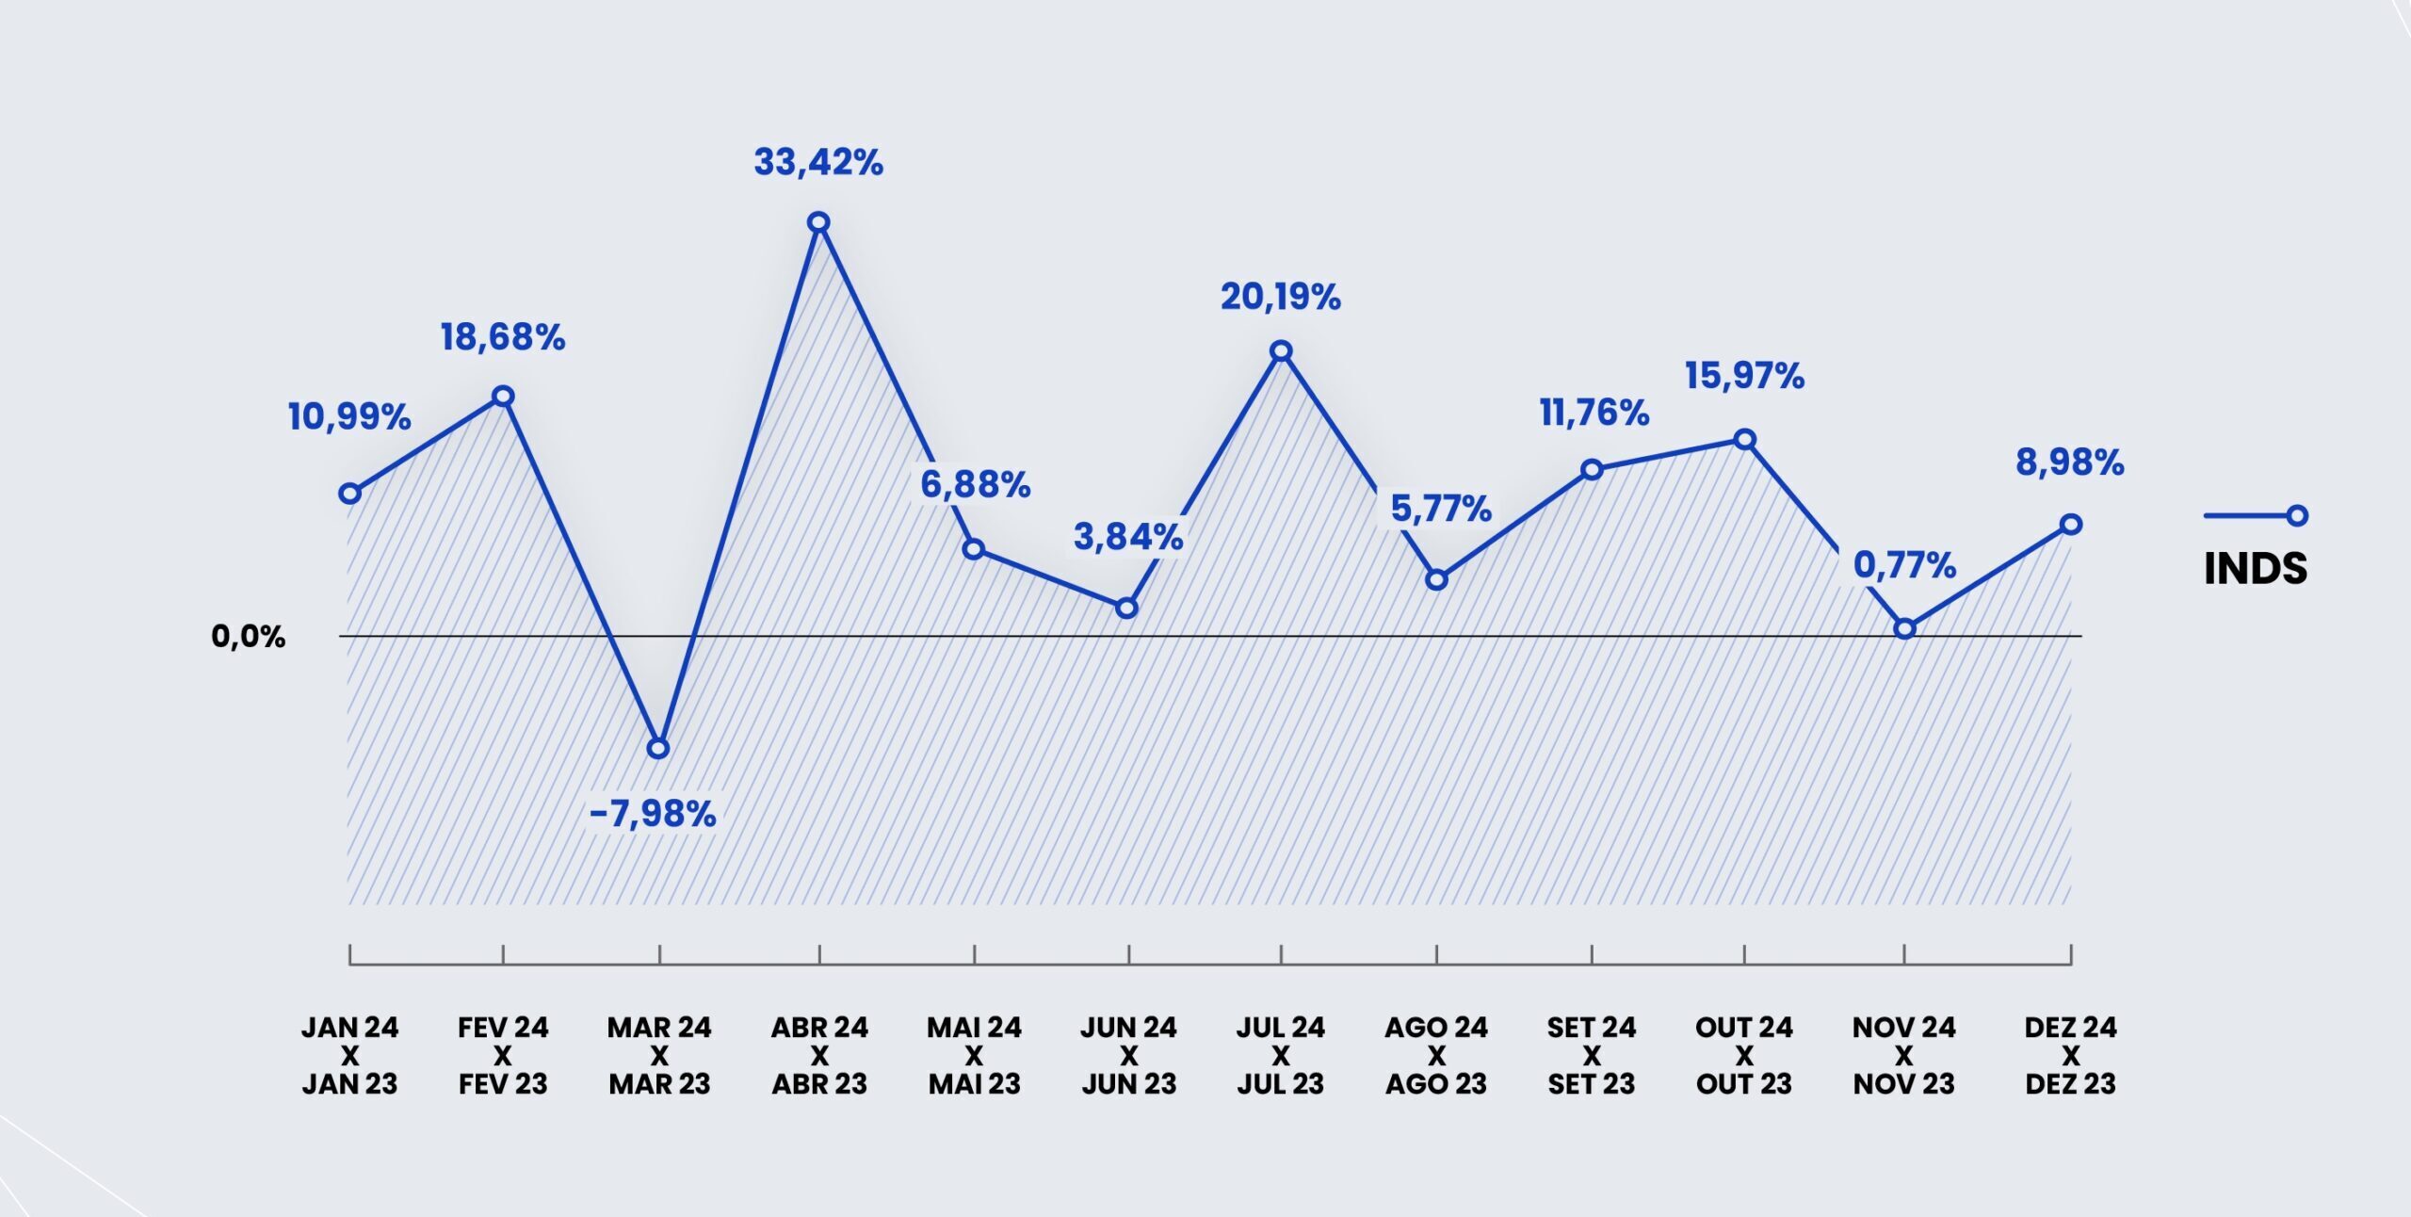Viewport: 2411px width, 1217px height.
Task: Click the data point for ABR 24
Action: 818,222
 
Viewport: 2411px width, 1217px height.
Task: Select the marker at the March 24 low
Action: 659,749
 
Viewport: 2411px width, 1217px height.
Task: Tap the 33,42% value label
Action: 818,163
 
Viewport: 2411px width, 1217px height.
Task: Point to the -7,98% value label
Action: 653,814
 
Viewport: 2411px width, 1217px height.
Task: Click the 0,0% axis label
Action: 248,637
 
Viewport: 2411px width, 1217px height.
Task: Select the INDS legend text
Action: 2256,569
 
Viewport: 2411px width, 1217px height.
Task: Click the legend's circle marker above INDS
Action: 2297,515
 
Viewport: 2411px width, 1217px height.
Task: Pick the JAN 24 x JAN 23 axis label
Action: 349,1055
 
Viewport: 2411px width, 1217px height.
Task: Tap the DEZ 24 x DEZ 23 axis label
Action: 2070,1055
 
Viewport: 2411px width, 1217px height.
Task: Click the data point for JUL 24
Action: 1281,351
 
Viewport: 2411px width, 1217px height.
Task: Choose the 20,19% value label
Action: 1281,298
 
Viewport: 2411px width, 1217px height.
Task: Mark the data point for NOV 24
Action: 1904,628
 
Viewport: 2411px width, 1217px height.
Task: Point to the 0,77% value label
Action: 1904,566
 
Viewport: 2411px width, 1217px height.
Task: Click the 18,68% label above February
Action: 503,337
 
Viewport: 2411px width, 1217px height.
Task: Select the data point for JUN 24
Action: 1126,608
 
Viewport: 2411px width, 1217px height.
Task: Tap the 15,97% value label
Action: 1744,377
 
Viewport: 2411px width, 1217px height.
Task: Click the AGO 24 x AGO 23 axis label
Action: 1436,1055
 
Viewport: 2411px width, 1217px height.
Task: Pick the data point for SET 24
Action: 1592,469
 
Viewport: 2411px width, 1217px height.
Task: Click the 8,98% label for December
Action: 2070,463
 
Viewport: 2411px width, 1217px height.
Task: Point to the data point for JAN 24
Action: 349,494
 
